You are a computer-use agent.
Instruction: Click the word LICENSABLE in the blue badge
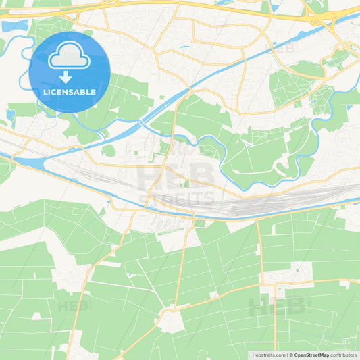point(70,91)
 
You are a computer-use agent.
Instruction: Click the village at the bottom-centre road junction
point(172,320)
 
